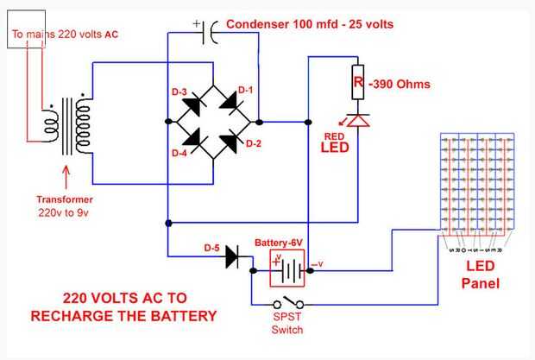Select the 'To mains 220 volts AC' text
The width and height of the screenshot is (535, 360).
point(65,36)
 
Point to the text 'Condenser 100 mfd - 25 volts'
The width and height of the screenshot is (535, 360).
point(310,24)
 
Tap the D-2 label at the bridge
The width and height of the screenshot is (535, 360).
point(253,142)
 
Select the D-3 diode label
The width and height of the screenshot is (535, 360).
point(179,92)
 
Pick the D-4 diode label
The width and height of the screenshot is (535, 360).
point(179,154)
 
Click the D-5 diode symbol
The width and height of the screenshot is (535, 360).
point(231,255)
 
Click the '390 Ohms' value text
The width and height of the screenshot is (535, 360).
point(400,85)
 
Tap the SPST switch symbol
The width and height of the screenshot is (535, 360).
point(287,304)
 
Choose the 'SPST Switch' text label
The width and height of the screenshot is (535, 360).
point(287,324)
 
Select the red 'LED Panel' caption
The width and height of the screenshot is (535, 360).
point(480,275)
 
